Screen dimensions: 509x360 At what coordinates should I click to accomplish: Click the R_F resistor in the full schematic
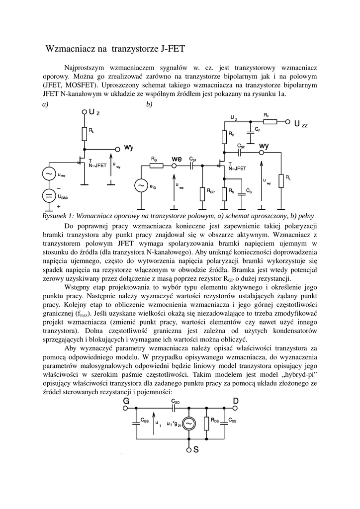270,121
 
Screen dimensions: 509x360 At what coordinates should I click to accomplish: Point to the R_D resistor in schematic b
224,136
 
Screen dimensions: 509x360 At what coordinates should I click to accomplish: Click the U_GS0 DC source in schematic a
49,196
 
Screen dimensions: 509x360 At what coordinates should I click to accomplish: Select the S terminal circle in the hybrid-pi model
188,450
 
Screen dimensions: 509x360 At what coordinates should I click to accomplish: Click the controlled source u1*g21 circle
188,423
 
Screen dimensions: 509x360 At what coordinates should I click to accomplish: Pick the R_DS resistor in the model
206,423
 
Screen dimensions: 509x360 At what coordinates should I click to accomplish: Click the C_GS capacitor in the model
136,423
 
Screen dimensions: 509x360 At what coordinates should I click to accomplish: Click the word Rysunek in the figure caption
57,216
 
